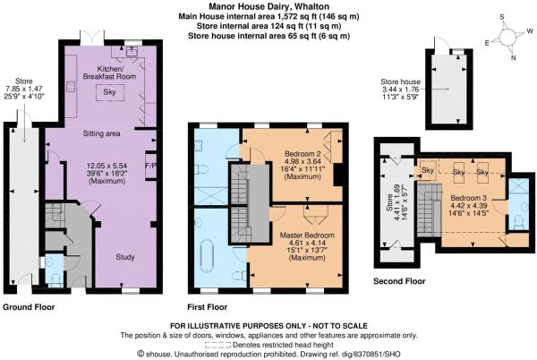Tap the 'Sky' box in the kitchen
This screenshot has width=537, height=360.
[x=108, y=92]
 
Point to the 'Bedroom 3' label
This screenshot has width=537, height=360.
[x=467, y=198]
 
